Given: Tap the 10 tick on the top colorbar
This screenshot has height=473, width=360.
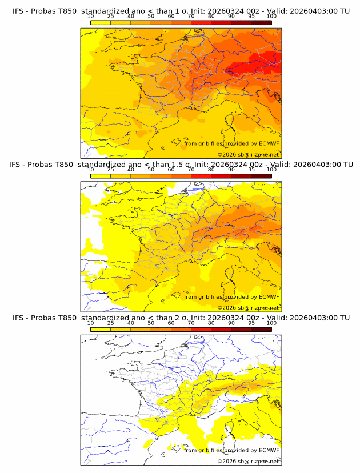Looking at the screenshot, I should [91, 17].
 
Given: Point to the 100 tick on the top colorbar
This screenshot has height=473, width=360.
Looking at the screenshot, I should [271, 17].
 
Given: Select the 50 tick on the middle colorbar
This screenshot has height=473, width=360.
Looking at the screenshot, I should [151, 170].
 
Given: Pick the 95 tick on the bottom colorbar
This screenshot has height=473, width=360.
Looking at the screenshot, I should [251, 323].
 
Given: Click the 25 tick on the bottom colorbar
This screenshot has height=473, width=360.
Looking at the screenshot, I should [111, 323].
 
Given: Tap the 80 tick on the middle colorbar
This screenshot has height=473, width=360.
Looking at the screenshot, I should [211, 170].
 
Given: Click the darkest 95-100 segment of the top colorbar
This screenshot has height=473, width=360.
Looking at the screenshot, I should [261, 22].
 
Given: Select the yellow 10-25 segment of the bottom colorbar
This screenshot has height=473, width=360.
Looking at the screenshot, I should [101, 328].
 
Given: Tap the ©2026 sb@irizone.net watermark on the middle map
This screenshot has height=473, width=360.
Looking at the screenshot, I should [248, 307].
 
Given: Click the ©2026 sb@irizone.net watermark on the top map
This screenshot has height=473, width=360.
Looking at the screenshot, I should [248, 154].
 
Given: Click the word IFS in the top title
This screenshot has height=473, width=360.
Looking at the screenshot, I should [19, 11].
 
